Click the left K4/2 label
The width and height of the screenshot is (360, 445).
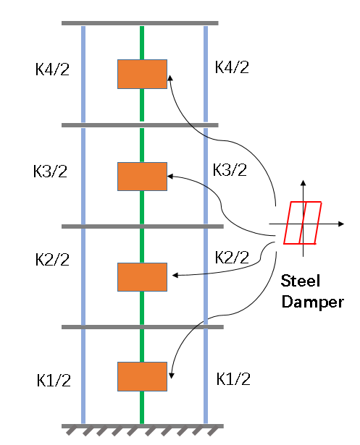click(52, 69)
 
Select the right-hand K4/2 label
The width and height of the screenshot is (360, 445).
click(232, 67)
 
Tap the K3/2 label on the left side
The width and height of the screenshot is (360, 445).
click(50, 171)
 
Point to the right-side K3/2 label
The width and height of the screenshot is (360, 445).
click(230, 170)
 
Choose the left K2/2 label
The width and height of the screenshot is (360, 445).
click(52, 259)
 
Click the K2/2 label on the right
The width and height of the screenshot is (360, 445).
click(232, 258)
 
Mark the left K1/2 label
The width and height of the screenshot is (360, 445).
click(54, 381)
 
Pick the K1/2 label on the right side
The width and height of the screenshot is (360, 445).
click(233, 378)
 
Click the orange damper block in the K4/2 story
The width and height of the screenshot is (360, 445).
click(143, 74)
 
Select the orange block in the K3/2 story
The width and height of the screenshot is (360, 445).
click(143, 177)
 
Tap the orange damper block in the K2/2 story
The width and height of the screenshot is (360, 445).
click(143, 277)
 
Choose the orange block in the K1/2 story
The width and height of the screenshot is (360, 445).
click(143, 376)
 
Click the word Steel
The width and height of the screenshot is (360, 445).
click(301, 281)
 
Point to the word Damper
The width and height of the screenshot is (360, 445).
click(312, 302)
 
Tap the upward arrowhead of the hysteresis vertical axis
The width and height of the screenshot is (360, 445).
click(304, 183)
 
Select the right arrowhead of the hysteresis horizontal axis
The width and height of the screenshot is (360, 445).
click(341, 224)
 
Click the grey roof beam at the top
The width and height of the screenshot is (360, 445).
click(140, 23)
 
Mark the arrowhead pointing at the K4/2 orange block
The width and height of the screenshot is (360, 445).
click(170, 77)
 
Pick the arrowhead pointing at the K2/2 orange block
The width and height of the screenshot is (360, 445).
click(175, 275)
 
